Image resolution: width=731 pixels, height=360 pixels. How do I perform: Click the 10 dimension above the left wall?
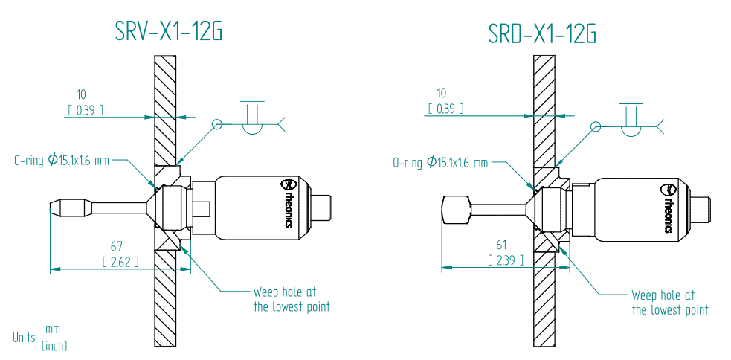81,94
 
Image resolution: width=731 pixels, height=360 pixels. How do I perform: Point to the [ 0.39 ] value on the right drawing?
445,109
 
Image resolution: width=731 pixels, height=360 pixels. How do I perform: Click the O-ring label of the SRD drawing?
440,162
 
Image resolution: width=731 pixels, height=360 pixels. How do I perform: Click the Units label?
24,337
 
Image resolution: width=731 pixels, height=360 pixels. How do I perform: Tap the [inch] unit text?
54,346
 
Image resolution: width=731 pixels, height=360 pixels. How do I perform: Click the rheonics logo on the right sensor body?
666,208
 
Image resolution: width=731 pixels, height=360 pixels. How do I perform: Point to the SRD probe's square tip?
454,210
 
